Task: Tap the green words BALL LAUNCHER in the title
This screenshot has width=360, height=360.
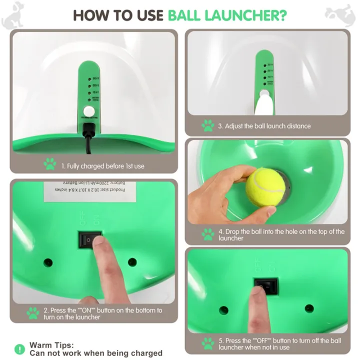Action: (x=227, y=14)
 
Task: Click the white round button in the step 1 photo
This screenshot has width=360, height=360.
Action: (x=89, y=111)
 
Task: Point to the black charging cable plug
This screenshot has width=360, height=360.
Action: (x=89, y=131)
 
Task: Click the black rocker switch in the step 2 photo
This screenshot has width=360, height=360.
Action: (x=90, y=240)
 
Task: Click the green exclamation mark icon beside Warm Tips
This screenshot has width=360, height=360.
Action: (x=19, y=349)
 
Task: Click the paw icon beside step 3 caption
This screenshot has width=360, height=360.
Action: (x=208, y=125)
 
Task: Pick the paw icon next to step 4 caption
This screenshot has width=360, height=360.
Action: (x=208, y=234)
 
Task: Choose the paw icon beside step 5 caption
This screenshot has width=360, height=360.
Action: (x=208, y=343)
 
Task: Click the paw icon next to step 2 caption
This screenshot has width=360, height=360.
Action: (x=33, y=313)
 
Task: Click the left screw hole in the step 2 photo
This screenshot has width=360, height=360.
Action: (x=48, y=262)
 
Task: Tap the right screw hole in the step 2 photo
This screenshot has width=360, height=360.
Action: (x=132, y=261)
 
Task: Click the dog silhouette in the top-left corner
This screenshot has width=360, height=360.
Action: (x=12, y=14)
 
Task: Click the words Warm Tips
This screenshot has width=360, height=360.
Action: (x=51, y=345)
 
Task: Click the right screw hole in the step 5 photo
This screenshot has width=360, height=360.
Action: (x=309, y=308)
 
